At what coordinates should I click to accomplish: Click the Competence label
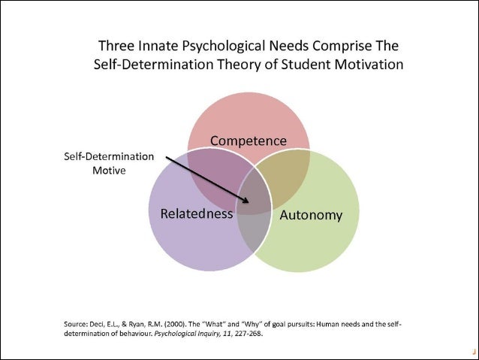pos(248,141)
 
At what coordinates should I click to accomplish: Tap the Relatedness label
pos(197,213)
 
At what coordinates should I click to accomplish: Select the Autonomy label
pos(311,216)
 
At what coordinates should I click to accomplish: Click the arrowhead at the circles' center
pos(249,201)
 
